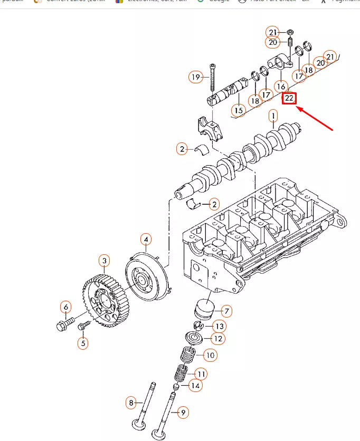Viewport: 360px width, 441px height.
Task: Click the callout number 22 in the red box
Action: (289, 98)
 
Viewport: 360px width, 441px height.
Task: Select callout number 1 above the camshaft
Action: (273, 115)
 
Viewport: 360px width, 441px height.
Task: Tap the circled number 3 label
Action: (105, 261)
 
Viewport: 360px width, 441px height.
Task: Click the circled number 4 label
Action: (146, 240)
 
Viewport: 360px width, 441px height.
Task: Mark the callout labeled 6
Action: (66, 306)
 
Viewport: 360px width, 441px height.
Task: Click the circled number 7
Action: (225, 311)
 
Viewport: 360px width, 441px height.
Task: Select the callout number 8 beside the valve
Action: (131, 404)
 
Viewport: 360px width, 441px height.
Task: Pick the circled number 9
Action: (183, 413)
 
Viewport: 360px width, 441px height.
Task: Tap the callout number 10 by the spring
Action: (210, 356)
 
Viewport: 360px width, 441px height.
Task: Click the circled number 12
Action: (217, 338)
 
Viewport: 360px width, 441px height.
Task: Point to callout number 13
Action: (219, 326)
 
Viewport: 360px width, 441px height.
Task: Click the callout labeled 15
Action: (239, 110)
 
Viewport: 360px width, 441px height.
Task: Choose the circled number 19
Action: (196, 78)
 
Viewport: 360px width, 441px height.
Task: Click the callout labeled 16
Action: (281, 86)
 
